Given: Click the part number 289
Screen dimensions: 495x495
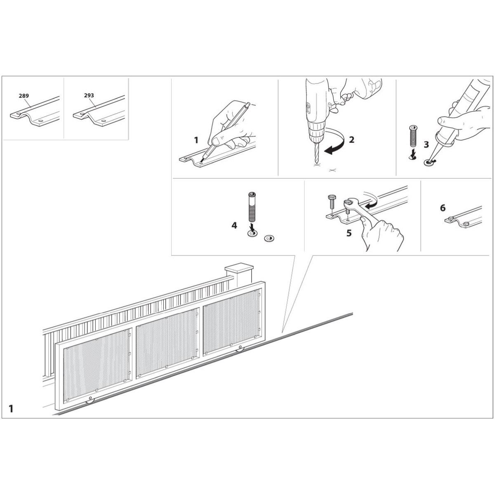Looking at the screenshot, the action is pyautogui.click(x=24, y=96).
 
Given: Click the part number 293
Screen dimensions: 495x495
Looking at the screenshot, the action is pyautogui.click(x=89, y=95).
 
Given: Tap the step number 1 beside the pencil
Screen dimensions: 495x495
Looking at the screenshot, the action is pyautogui.click(x=196, y=140).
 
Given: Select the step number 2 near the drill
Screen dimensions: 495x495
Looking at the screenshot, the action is pyautogui.click(x=351, y=140).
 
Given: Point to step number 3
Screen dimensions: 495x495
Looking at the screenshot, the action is pyautogui.click(x=426, y=145).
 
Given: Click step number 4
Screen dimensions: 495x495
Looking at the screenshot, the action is pyautogui.click(x=234, y=226).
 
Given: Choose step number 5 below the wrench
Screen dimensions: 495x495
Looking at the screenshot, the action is pyautogui.click(x=349, y=233).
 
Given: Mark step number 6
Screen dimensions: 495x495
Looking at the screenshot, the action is pyautogui.click(x=443, y=208).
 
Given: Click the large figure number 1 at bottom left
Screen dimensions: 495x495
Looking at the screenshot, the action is pyautogui.click(x=11, y=409).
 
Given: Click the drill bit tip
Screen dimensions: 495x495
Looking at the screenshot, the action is pyautogui.click(x=316, y=163).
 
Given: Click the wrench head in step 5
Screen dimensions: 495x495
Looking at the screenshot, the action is pyautogui.click(x=350, y=203).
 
